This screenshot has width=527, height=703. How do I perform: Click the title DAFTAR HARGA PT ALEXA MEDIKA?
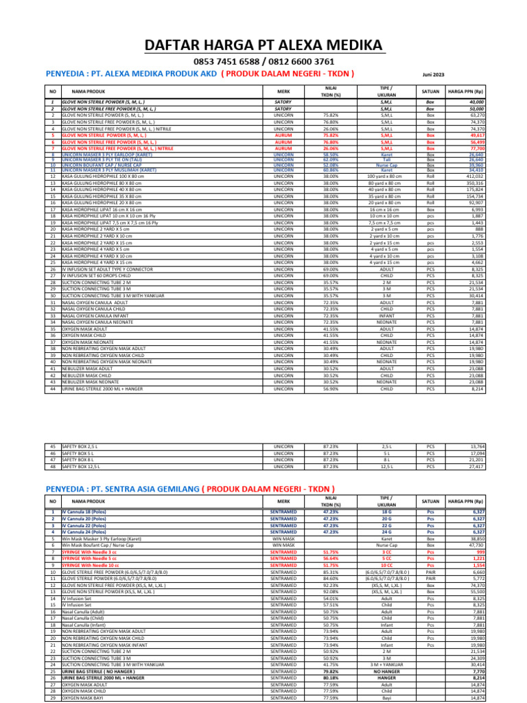point(263,45)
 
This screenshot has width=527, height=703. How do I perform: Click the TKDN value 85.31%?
point(330,571)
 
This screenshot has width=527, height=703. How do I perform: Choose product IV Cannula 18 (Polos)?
point(84,512)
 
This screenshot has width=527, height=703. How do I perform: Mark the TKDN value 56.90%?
point(330,389)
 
